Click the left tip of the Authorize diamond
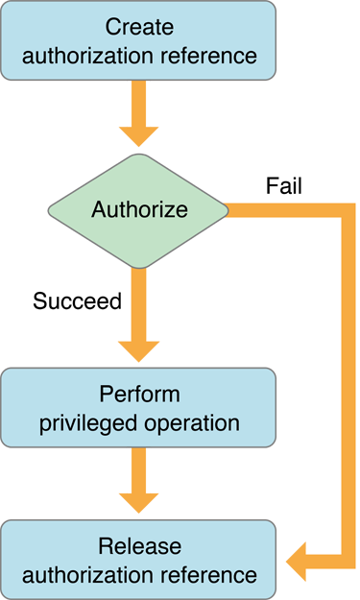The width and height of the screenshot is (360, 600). coord(48,209)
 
